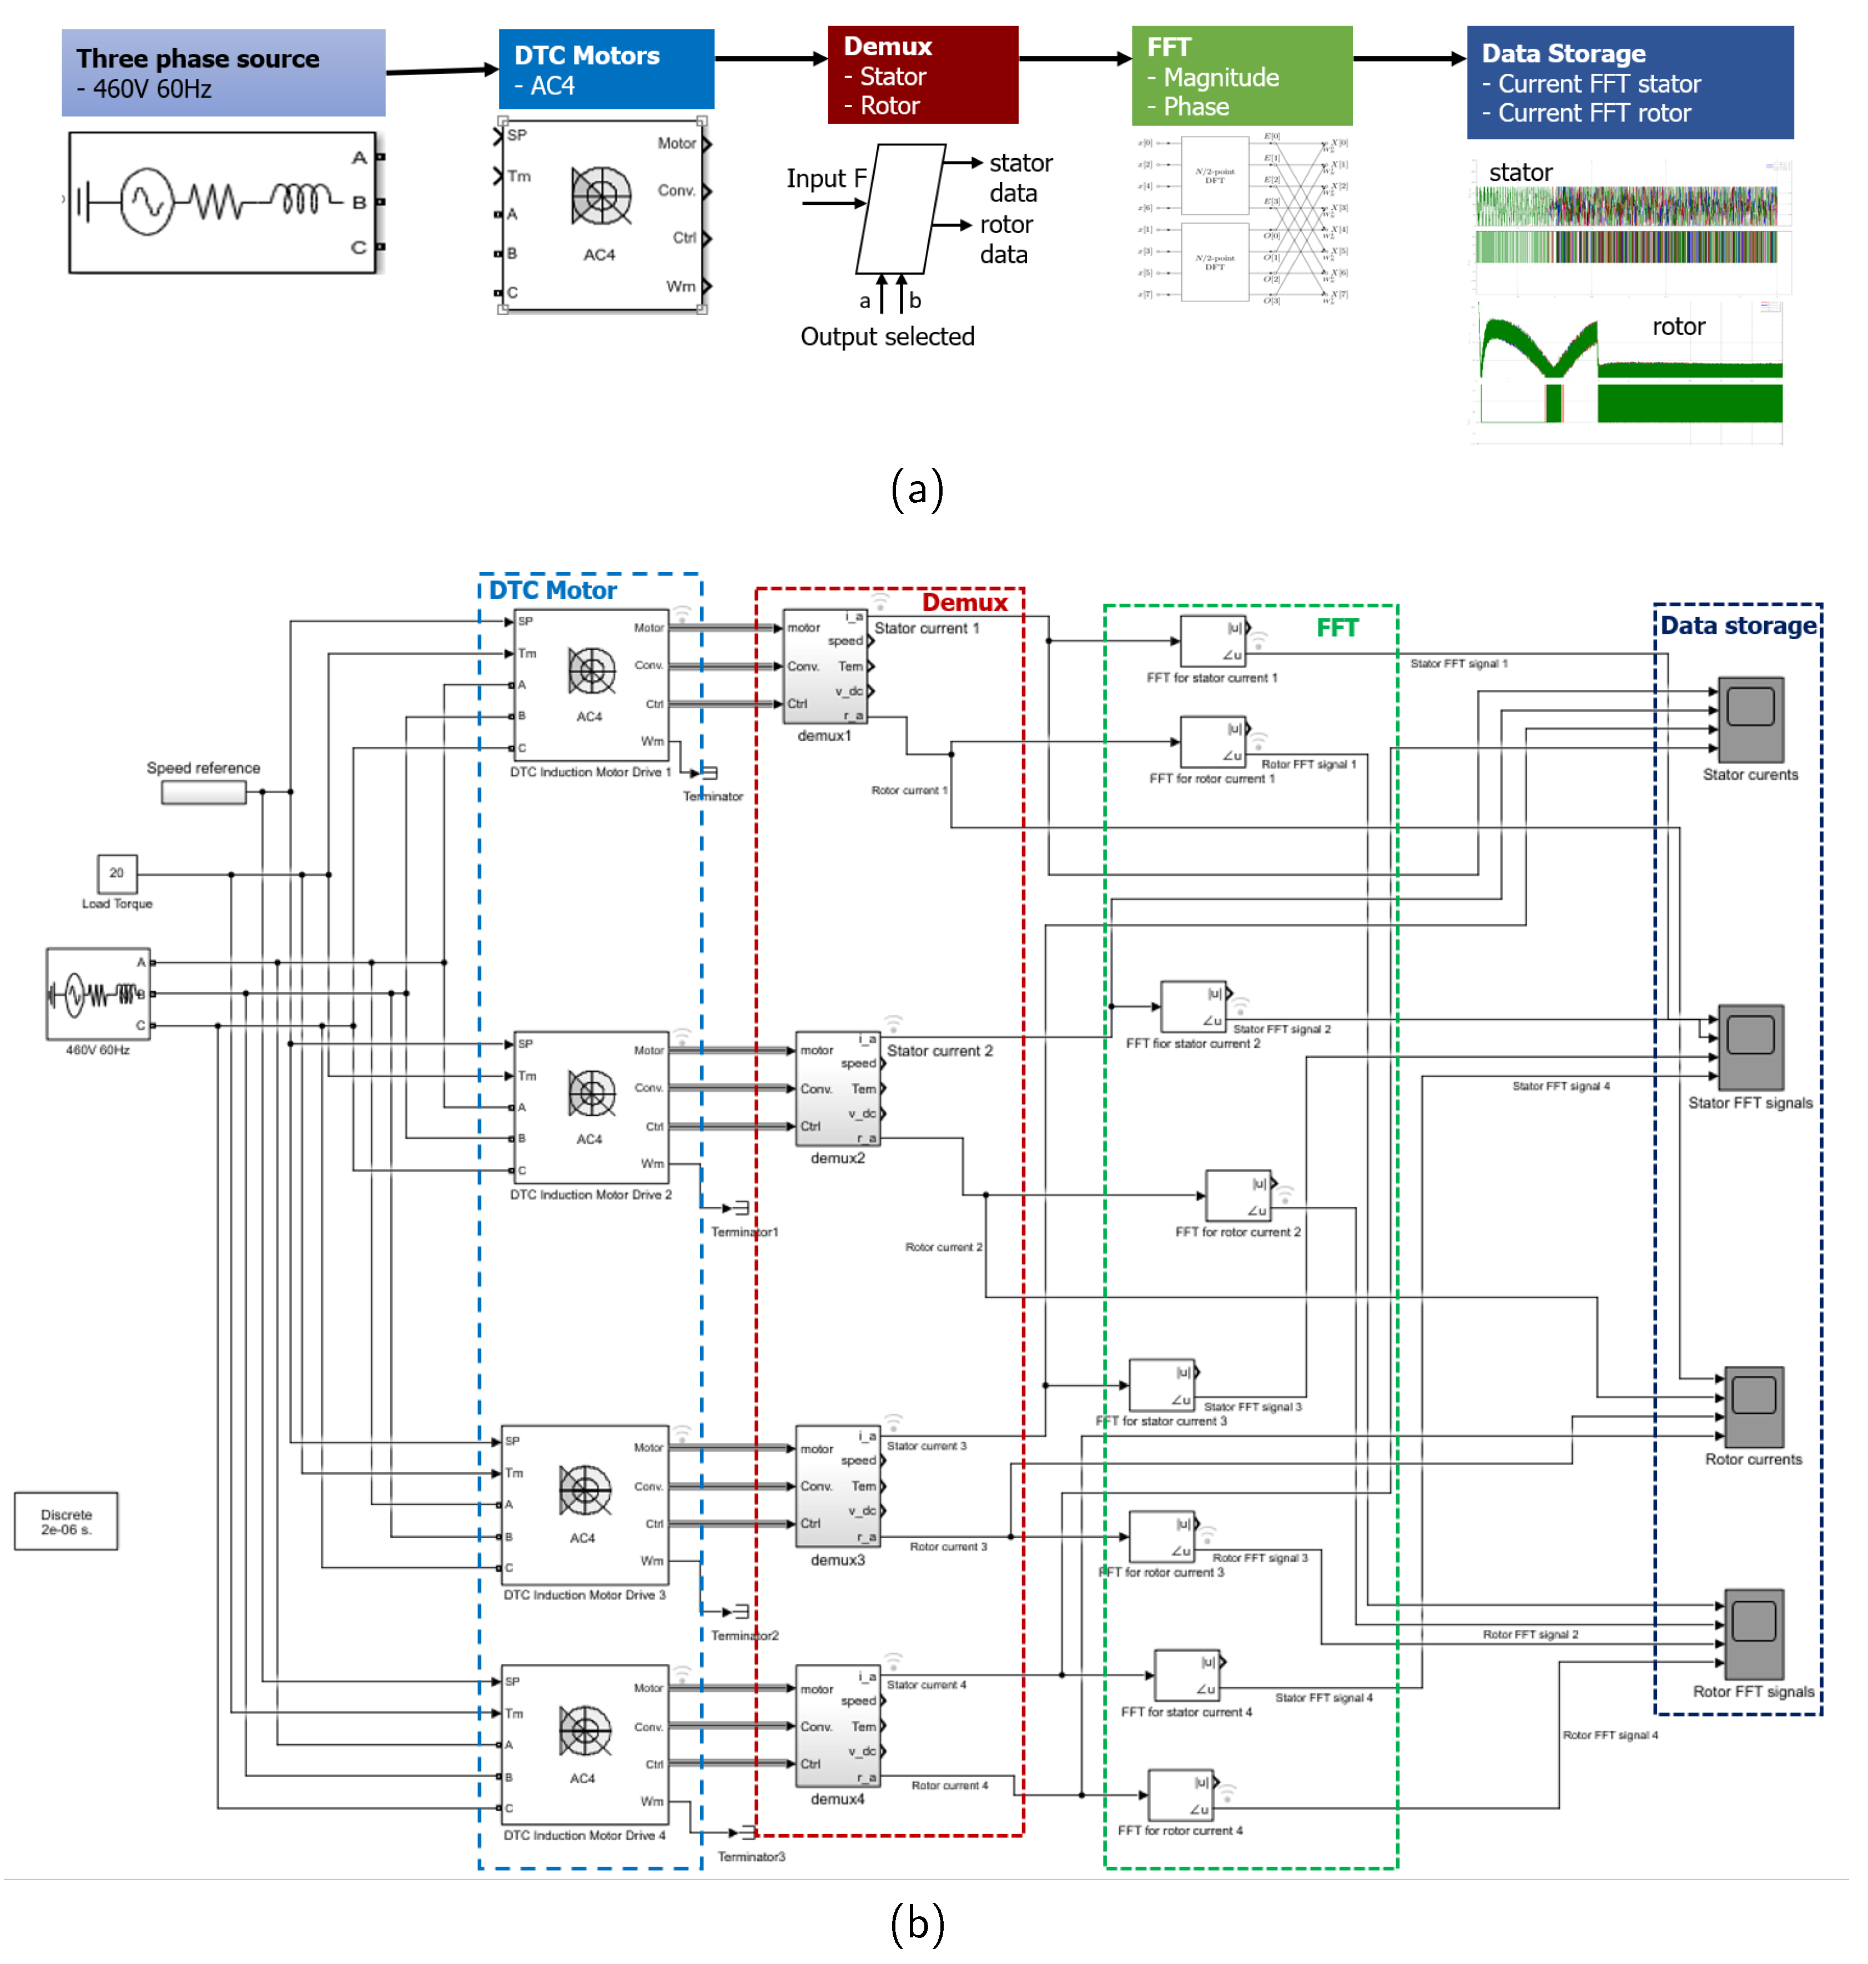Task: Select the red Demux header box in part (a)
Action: (922, 75)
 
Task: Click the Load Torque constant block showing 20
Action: (117, 873)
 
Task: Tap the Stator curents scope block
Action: (1750, 720)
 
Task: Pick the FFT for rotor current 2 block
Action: (1238, 1195)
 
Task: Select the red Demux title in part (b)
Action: (964, 602)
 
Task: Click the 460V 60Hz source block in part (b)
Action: (98, 993)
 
